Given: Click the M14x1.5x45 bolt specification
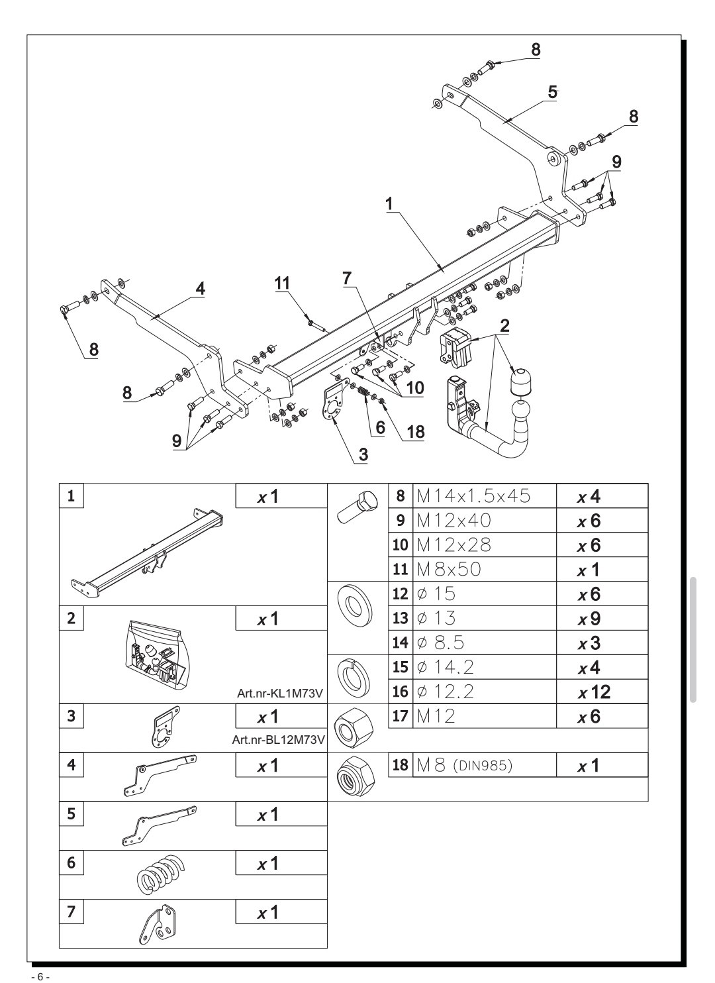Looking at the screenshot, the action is coord(474,496).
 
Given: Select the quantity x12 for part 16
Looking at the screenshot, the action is coord(595,692).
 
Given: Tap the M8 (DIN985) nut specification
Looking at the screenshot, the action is coord(465,765).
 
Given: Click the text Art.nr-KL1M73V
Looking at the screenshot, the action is coord(280,694).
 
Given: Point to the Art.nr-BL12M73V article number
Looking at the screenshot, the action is coord(278,740).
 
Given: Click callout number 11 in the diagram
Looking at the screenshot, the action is coord(283,283).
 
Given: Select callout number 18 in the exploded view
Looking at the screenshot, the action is coord(416,432).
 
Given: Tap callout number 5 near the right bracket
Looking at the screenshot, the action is coord(552,92).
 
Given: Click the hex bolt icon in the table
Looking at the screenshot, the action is coord(358,507).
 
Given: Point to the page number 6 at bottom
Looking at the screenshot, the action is coord(40,976).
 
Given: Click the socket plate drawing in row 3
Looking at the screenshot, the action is coord(166,727).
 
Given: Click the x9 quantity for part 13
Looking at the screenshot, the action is coord(589,619).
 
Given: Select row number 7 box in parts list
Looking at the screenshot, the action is coord(71,911).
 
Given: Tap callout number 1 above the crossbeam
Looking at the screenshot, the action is coord(389,204).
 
